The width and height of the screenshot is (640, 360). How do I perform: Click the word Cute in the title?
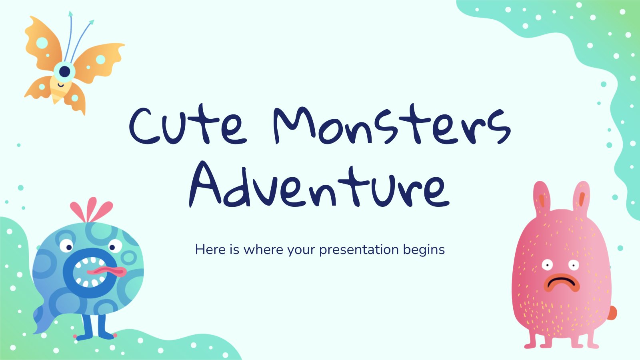(188, 125)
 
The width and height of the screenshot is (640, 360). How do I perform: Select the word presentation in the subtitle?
(359, 250)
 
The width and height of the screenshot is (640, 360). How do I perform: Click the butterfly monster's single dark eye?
(65, 71)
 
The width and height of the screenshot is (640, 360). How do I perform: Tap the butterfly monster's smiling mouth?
(60, 85)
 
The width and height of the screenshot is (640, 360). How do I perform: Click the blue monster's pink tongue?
(107, 271)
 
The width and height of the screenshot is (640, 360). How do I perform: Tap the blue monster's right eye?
(115, 246)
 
